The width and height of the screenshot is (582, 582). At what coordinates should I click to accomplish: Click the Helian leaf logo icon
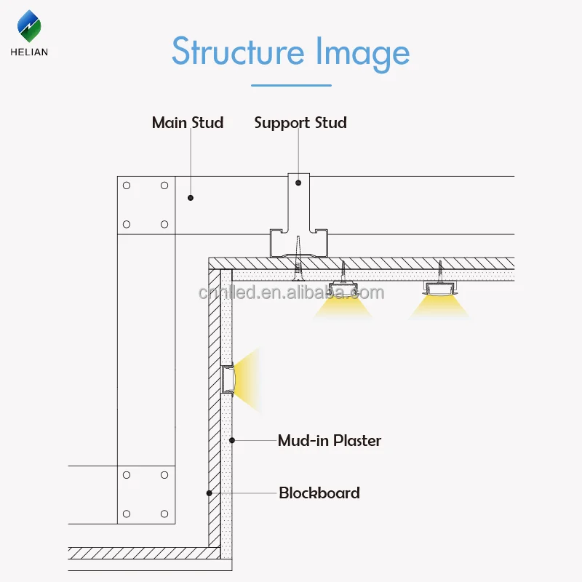30,27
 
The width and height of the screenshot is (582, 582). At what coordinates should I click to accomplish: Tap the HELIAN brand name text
30,52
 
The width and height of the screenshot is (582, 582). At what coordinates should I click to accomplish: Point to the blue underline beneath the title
291,85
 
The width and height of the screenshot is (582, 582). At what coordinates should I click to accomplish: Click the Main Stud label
188,122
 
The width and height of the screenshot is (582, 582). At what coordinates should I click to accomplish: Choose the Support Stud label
300,122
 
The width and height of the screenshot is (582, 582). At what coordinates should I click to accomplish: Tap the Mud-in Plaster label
330,440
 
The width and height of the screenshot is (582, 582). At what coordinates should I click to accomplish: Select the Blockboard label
319,493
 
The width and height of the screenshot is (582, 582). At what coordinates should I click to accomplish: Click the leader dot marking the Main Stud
191,197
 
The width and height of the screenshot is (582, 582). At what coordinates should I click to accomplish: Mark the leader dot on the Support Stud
298,183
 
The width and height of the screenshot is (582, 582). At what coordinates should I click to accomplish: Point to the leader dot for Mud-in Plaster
232,439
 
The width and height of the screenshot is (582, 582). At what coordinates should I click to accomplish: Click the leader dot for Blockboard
209,493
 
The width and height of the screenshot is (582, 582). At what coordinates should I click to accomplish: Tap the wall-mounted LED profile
227,378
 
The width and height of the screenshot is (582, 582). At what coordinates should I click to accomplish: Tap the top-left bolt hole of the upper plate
127,186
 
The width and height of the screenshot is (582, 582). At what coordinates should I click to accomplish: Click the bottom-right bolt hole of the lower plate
164,514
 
